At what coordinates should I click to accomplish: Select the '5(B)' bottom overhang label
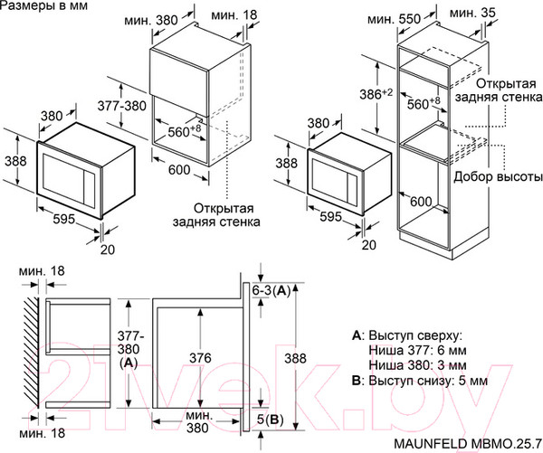click(x=271, y=419)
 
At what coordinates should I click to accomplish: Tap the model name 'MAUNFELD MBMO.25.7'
click(x=467, y=443)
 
